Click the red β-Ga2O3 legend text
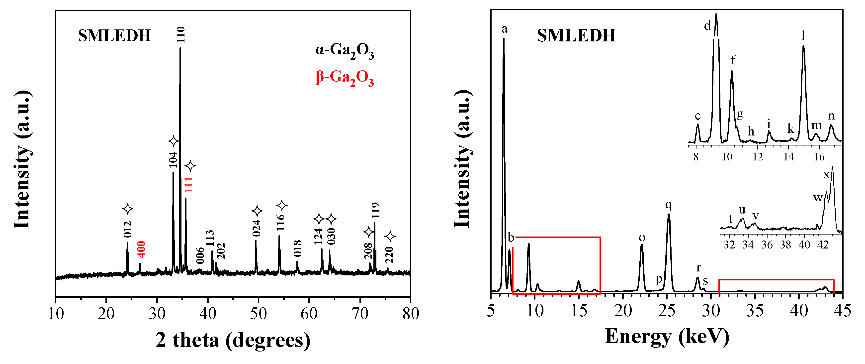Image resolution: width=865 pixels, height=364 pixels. point(345,78)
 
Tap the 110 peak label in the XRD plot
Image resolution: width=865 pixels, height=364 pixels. point(181,35)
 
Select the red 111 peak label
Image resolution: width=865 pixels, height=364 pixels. point(189,185)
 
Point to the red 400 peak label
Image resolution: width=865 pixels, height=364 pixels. point(142,249)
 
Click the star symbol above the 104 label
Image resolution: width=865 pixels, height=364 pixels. point(173,141)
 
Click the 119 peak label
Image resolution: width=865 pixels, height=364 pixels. point(375,210)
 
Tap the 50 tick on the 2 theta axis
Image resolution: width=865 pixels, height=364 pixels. point(258,314)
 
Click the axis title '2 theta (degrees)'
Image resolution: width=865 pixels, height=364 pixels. point(233,340)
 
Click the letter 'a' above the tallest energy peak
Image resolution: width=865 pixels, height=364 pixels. point(504,29)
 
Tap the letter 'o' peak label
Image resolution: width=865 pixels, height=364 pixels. point(642,238)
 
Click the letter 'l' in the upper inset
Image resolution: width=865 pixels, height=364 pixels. point(803,35)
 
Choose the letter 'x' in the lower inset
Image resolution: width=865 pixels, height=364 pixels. point(826,174)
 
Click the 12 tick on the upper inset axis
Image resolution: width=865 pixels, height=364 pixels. point(758,157)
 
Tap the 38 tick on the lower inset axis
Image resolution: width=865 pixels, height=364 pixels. point(785,245)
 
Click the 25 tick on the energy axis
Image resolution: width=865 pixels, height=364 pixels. point(667,311)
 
